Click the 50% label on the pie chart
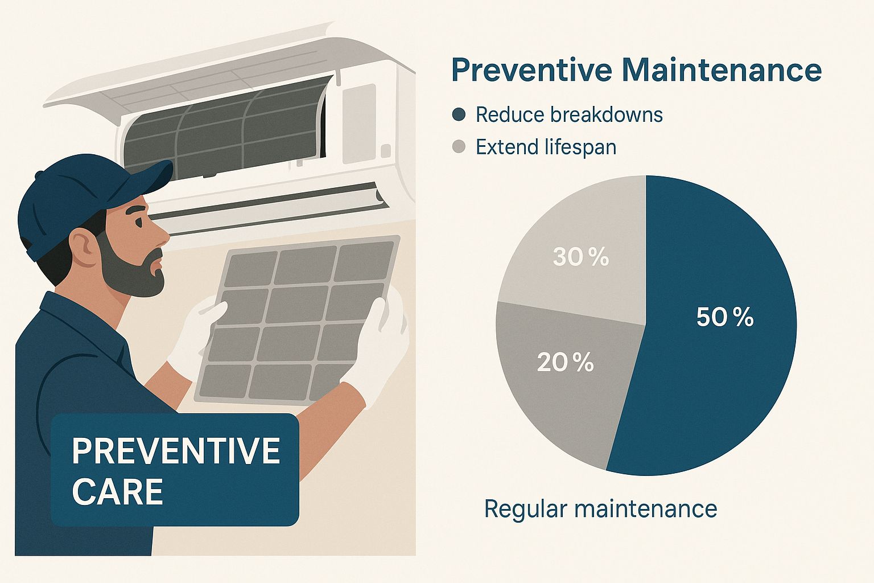pyautogui.click(x=724, y=317)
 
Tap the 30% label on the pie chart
pyautogui.click(x=580, y=258)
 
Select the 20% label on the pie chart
pyautogui.click(x=565, y=363)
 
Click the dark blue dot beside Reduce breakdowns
pyautogui.click(x=459, y=114)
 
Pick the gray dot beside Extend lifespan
pyautogui.click(x=459, y=147)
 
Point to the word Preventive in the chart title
pyautogui.click(x=531, y=71)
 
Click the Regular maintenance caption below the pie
pyautogui.click(x=600, y=508)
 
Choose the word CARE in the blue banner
pyautogui.click(x=118, y=491)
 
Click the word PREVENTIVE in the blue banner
pyautogui.click(x=176, y=451)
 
